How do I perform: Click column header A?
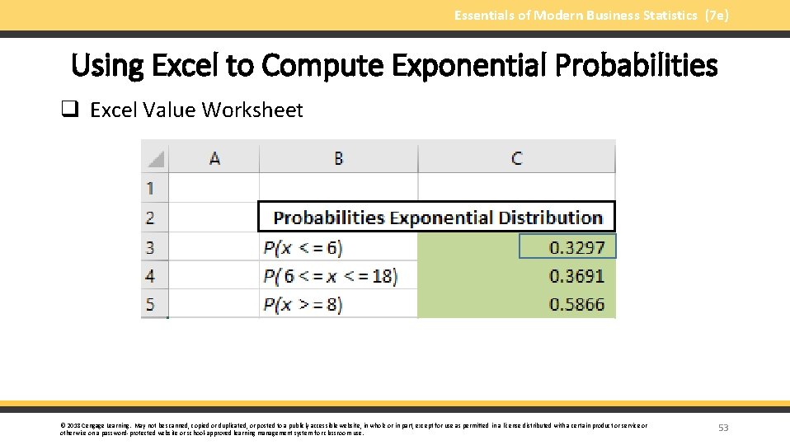[x=214, y=157]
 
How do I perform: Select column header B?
[x=338, y=157]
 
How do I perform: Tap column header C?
[x=516, y=157]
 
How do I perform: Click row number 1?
[x=151, y=188]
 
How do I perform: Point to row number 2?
[x=151, y=218]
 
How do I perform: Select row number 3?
[x=151, y=247]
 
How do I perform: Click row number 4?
[x=151, y=276]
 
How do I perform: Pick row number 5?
[x=151, y=305]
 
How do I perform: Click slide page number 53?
[x=723, y=428]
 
